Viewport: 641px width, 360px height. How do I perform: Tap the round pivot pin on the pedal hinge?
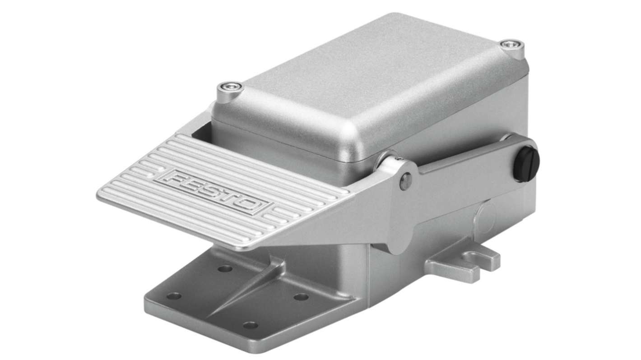[x=405, y=181]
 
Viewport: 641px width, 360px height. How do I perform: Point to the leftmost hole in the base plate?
[x=174, y=296]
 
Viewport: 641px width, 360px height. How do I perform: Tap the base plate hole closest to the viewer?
[x=250, y=325]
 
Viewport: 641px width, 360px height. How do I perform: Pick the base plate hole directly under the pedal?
[x=224, y=269]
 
